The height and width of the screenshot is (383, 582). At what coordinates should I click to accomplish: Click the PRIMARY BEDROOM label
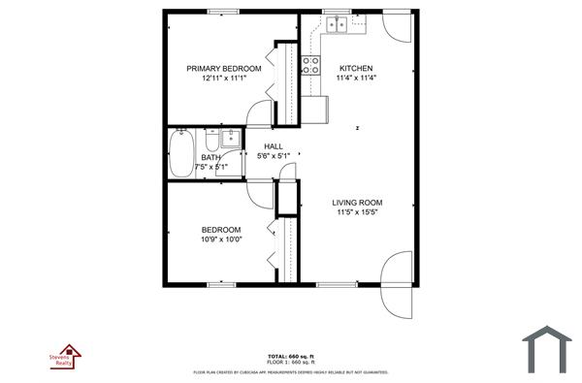click(x=224, y=68)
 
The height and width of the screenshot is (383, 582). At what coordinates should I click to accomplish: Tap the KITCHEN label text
click(x=356, y=68)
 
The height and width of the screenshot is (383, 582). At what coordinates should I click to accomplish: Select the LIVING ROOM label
click(x=356, y=203)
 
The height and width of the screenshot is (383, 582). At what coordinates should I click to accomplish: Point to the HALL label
click(x=273, y=146)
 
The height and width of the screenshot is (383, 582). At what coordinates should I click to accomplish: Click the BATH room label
click(x=210, y=157)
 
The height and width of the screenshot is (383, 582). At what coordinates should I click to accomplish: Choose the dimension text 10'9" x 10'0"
click(x=221, y=239)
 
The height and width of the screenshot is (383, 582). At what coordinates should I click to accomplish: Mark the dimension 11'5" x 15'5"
click(x=356, y=212)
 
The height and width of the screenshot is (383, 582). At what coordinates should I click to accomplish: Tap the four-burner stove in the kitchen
click(x=311, y=65)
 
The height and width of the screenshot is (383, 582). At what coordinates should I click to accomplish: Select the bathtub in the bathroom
click(x=181, y=154)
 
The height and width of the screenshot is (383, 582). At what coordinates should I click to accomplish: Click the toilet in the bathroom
click(x=211, y=137)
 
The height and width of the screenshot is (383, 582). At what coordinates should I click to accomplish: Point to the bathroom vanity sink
click(x=231, y=139)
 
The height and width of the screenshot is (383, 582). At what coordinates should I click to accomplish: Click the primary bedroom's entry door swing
click(x=260, y=112)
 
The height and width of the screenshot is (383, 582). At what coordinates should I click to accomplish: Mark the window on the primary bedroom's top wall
click(x=223, y=13)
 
